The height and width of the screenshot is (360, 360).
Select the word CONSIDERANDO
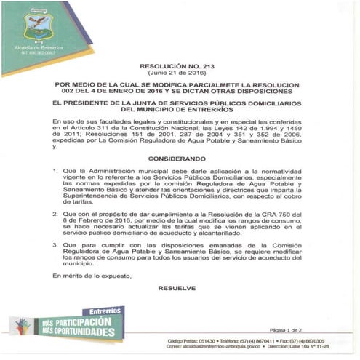pyautogui.click(x=178, y=158)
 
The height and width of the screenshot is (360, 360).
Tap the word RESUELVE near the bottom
pyautogui.click(x=177, y=288)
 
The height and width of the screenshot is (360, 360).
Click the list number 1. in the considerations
pyautogui.click(x=57, y=172)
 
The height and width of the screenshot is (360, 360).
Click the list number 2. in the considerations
pyautogui.click(x=57, y=215)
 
